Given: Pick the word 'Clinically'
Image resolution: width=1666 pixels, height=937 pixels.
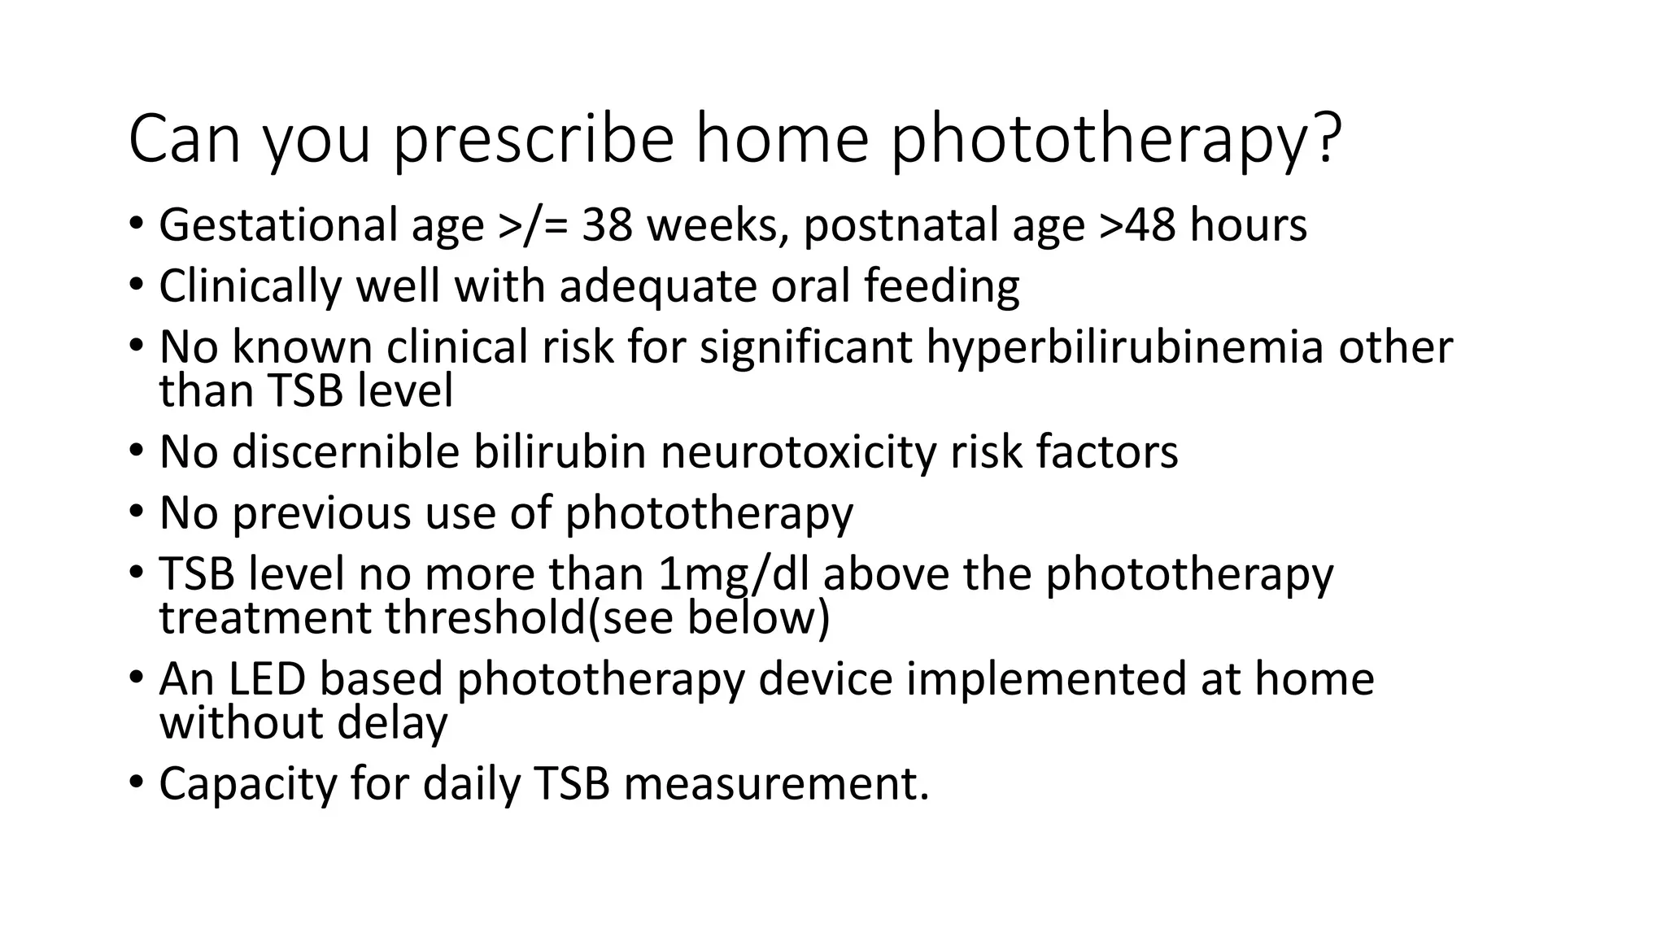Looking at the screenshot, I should click(x=250, y=286).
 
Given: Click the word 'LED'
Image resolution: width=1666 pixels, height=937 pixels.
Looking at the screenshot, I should click(x=266, y=679).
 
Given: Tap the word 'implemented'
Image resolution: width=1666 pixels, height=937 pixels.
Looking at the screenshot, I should click(x=1046, y=679).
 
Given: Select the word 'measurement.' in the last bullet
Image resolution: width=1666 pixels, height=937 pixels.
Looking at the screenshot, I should click(x=776, y=784).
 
